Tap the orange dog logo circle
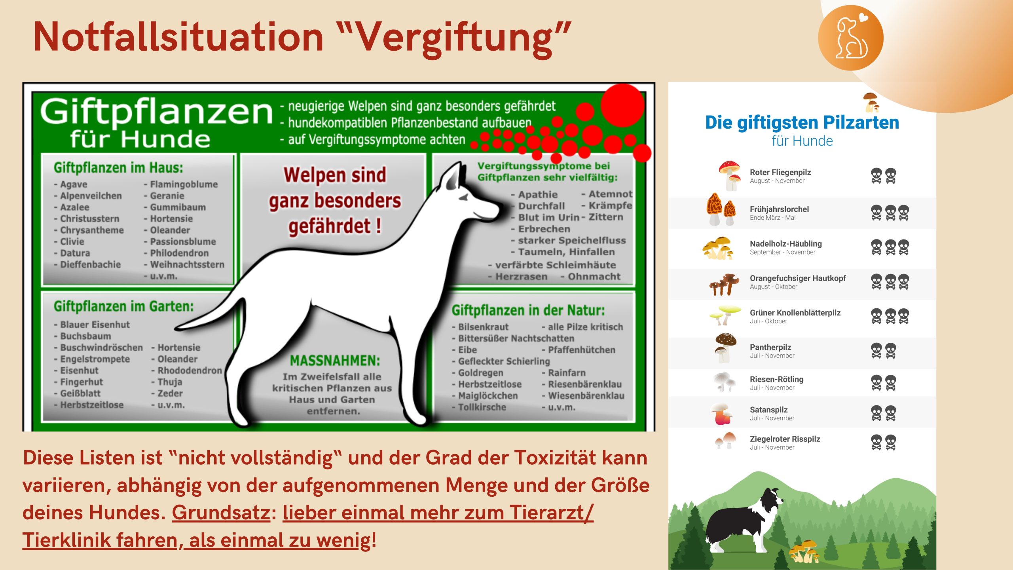coord(850,38)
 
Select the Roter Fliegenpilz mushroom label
coord(780,172)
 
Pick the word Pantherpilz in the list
coord(770,347)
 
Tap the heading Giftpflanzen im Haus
coord(118,168)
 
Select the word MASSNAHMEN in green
coord(335,361)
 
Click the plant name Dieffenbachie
coord(90,264)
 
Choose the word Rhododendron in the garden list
coord(190,370)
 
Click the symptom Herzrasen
coord(521,277)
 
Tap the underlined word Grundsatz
coord(221,513)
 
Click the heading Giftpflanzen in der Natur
coord(528,310)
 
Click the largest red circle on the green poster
coord(622,105)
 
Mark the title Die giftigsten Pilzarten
coord(802,122)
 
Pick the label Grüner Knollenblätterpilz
coord(795,313)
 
